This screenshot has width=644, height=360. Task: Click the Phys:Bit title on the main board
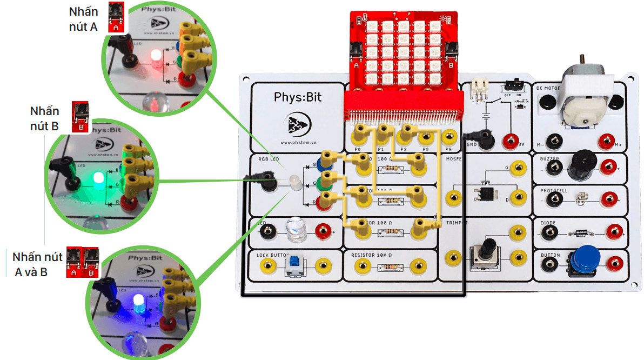click(x=298, y=97)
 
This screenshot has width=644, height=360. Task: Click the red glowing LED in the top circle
click(x=156, y=57)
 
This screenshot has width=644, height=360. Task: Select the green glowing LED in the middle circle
click(x=98, y=178)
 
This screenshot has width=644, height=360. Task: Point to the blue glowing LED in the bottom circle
click(x=137, y=303)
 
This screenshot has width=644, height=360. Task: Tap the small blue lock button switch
click(x=294, y=264)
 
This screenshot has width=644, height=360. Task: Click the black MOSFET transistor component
click(x=486, y=193)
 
